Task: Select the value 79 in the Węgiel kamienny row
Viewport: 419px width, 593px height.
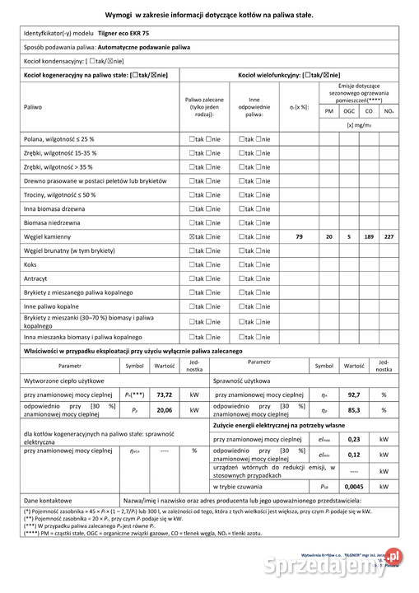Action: coord(299,236)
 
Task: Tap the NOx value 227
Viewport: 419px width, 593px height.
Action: coord(389,236)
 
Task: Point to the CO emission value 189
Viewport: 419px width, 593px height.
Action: coord(369,236)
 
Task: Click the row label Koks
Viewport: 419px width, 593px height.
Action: coord(30,264)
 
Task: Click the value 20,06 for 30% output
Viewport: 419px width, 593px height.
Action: coord(165,410)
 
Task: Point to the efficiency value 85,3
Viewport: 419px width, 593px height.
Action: coord(355,410)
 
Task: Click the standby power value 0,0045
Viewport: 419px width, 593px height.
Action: coord(354,486)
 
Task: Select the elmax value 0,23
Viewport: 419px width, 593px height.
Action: coord(355,439)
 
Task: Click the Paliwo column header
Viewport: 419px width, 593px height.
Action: coord(33,107)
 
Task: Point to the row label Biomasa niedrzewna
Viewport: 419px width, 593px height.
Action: coord(53,222)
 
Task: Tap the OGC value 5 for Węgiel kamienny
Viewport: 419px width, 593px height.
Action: coord(349,236)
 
